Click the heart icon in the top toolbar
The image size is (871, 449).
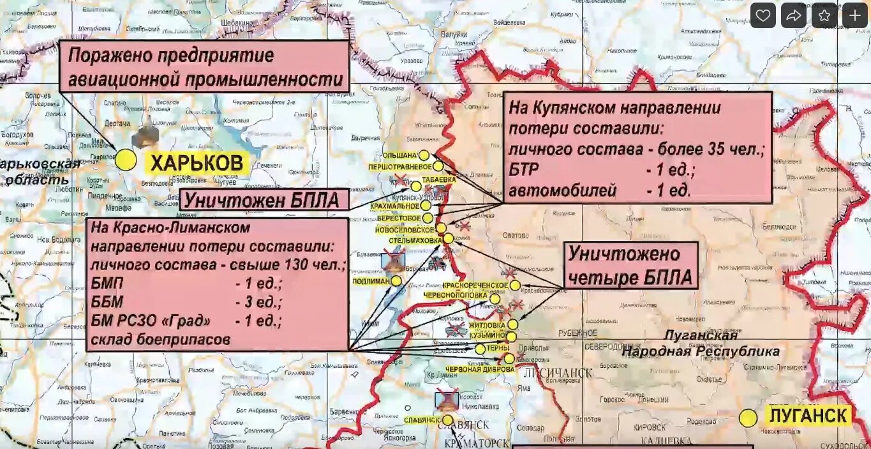[x=763, y=15]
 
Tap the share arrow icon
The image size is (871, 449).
[x=793, y=15]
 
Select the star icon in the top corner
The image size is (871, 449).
[x=824, y=15]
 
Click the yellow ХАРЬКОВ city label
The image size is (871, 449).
[x=197, y=164]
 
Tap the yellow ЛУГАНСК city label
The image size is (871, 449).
[x=808, y=416]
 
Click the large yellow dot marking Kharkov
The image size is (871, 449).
[x=126, y=160]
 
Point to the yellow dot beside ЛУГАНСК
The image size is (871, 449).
[x=748, y=418]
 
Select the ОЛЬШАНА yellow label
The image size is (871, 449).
[x=399, y=155]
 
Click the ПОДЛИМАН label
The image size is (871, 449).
[x=371, y=281]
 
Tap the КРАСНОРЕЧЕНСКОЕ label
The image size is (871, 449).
[x=475, y=285]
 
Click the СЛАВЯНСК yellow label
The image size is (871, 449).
[x=422, y=420]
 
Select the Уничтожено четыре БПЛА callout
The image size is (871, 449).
[x=630, y=265]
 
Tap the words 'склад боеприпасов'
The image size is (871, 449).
[x=160, y=339]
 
